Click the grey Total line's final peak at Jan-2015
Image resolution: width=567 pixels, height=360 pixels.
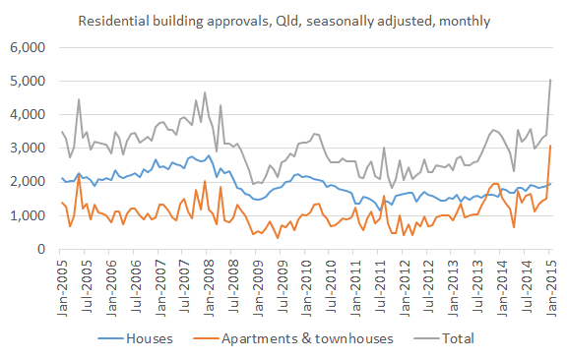(550, 80)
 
